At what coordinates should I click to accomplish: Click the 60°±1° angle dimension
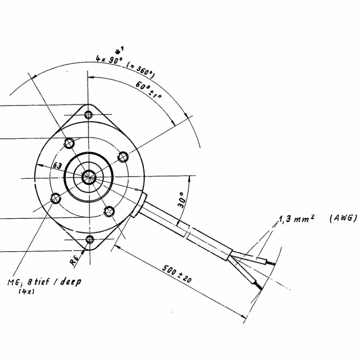pos(148,90)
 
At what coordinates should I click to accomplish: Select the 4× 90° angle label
pos(109,59)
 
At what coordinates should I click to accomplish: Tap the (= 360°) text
pos(140,70)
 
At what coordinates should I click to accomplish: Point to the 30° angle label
pos(181,200)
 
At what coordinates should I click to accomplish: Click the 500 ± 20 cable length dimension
pos(177,274)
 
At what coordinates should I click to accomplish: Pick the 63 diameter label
pos(58,165)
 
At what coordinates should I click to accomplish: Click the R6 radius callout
pos(74,260)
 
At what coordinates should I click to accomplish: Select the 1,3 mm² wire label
pos(297,219)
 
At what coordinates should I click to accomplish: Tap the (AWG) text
pos(343,218)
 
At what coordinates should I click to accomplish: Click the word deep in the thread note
pos(71,282)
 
